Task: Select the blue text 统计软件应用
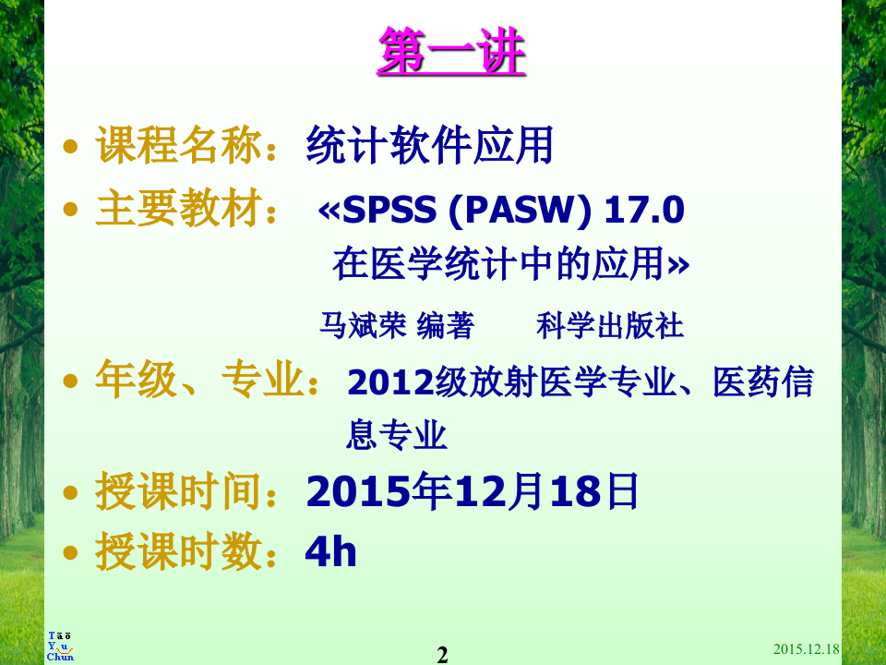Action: point(429,148)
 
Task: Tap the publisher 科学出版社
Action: point(609,325)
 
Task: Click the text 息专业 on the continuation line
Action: point(397,435)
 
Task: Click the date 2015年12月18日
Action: point(472,493)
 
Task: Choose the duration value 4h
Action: point(330,552)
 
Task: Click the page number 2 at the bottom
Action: point(442,655)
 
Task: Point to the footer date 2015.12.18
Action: point(806,649)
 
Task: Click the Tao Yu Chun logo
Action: point(60,647)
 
